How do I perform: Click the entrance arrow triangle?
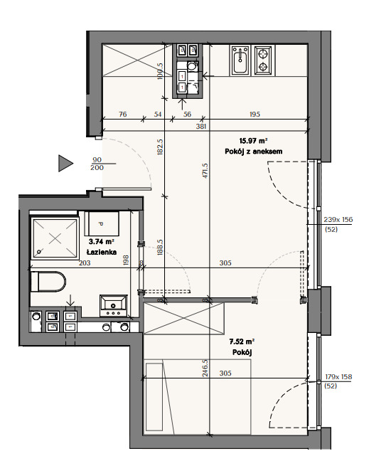pos(65,163)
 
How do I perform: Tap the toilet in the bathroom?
pos(48,282)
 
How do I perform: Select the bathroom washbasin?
pos(114,306)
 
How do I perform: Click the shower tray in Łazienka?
pos(55,238)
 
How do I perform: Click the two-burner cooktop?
pos(263,60)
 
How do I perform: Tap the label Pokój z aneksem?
pos(253,152)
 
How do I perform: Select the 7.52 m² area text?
pos(242,341)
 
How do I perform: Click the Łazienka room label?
pos(102,252)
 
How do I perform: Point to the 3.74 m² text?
pos(102,242)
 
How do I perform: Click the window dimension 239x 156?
pos(338,220)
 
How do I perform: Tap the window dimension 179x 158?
pos(338,377)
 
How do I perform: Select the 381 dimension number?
pos(201,127)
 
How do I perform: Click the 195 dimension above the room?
pos(255,114)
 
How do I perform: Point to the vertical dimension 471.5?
pos(205,171)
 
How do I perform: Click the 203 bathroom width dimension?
pos(85,263)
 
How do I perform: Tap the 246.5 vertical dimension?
pos(205,368)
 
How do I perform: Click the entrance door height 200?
pos(97,168)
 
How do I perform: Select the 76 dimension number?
pos(122,114)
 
